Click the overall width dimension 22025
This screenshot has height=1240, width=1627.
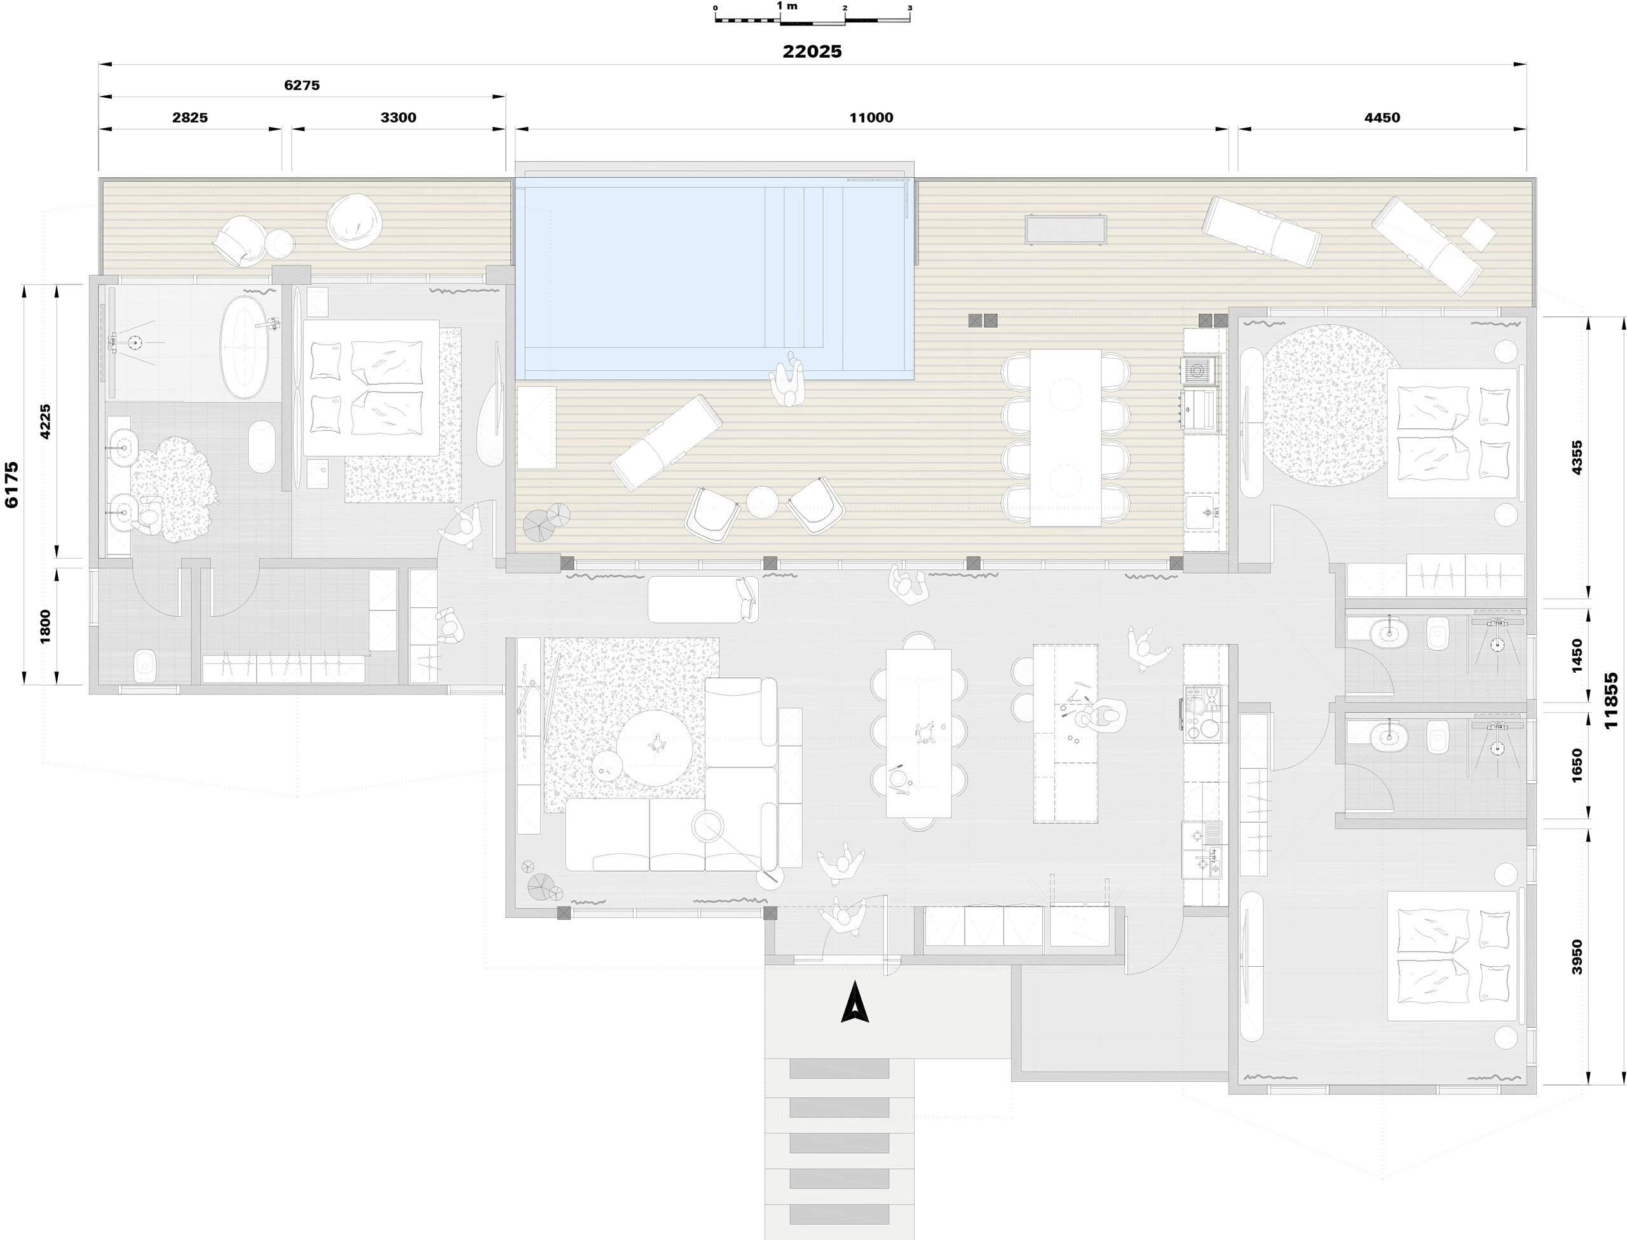point(812,51)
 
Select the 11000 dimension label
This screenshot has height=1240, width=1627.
point(871,118)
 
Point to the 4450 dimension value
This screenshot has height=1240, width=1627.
point(1382,118)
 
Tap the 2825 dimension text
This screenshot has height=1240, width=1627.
point(190,118)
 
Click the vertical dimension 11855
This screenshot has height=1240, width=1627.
point(1610,701)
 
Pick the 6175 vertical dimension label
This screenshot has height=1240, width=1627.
point(12,485)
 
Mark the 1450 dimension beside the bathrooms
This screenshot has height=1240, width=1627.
point(1577,656)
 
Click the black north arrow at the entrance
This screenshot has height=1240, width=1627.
point(854,1002)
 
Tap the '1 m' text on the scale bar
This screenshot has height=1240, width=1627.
point(787,6)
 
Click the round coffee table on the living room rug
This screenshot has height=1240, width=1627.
point(655,748)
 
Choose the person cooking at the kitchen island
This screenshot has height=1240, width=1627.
point(1103,715)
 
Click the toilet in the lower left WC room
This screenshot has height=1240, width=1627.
point(144,666)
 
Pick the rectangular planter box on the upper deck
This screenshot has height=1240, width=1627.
point(1066,229)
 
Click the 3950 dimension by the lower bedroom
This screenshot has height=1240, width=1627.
point(1577,957)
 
